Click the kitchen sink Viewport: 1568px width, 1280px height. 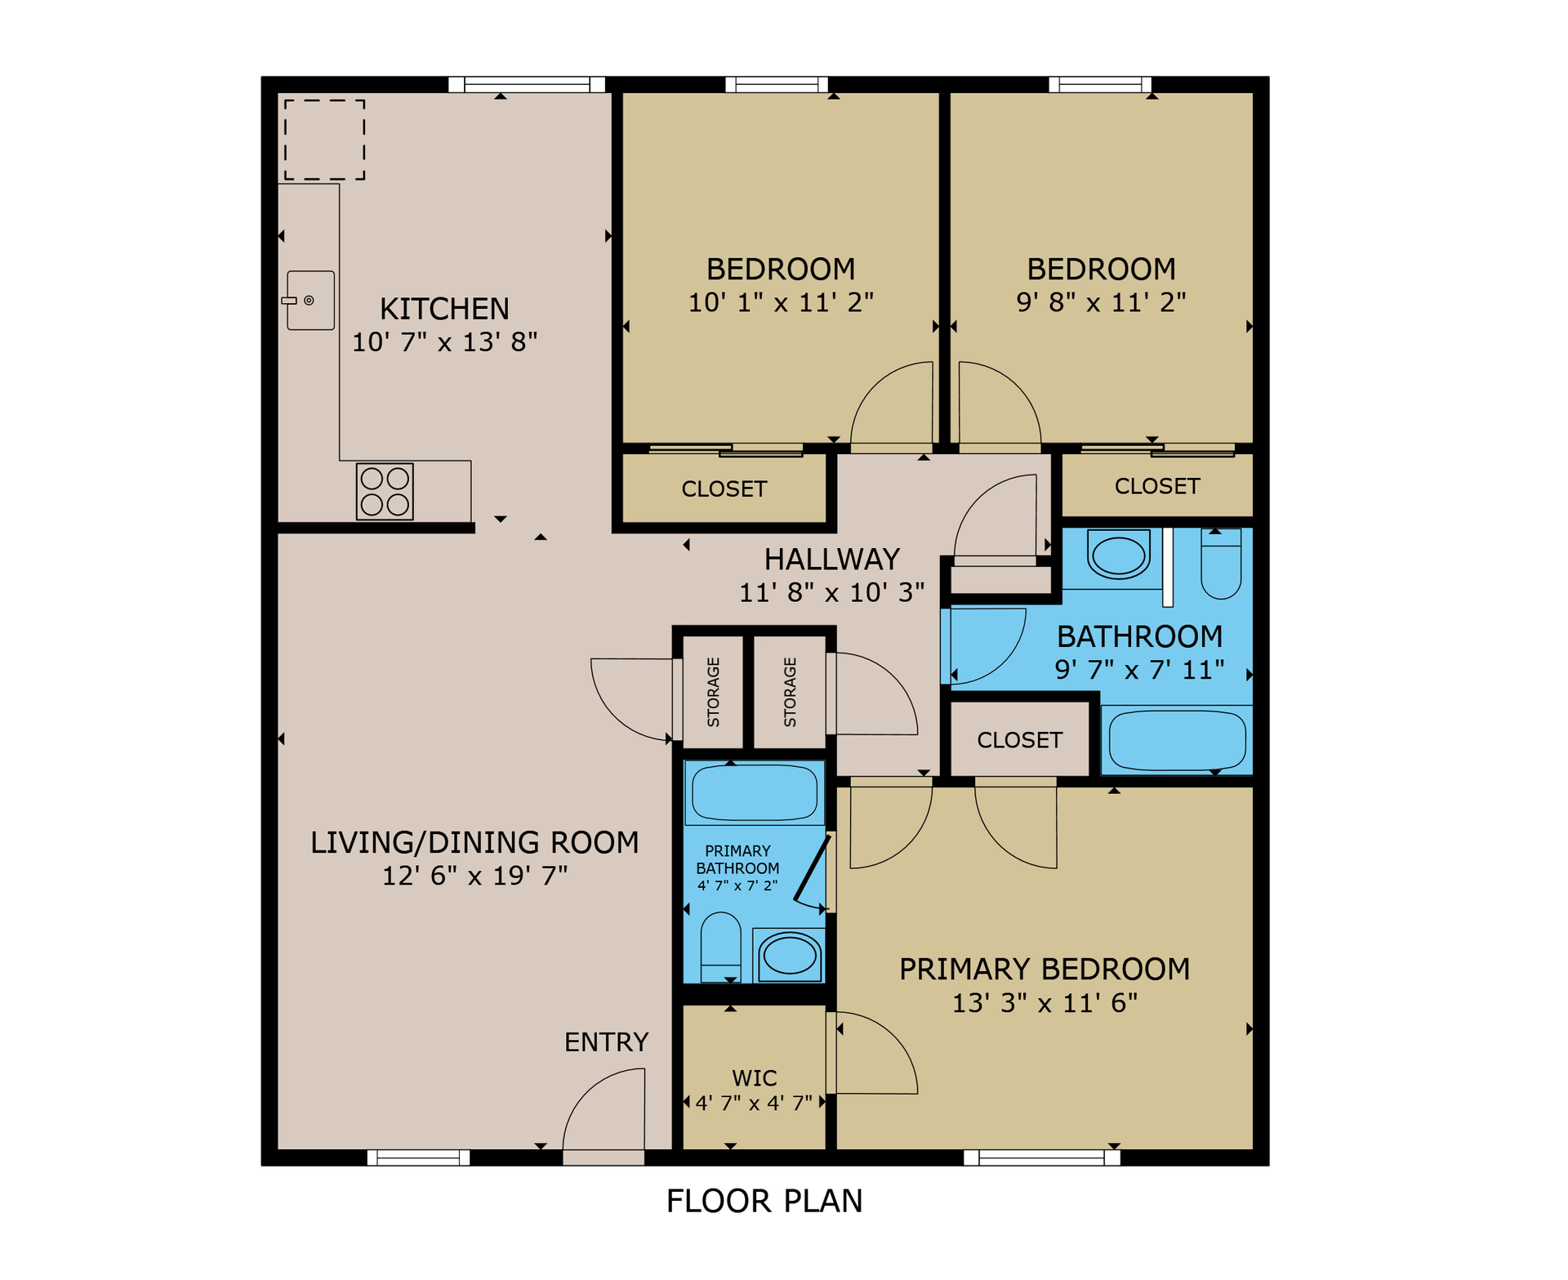[310, 301]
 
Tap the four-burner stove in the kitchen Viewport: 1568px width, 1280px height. [385, 492]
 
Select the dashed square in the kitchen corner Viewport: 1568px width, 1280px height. [324, 140]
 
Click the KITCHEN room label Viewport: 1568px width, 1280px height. [444, 309]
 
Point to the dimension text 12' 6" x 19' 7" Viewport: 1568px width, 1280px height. [474, 876]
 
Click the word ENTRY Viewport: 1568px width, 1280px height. [606, 1042]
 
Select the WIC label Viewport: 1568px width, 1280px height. [754, 1078]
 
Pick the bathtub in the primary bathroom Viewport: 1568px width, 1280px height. [754, 792]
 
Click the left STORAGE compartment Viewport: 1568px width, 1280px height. [713, 692]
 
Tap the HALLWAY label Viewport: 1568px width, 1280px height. [831, 560]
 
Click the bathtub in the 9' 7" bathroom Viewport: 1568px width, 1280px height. [1177, 740]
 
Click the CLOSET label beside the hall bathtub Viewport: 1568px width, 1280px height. [1019, 740]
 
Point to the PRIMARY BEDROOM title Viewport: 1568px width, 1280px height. [1044, 970]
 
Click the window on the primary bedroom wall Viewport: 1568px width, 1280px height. [1041, 1157]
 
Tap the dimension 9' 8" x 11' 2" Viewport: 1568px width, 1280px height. [1100, 302]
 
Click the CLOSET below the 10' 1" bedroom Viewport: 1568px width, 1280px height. [724, 488]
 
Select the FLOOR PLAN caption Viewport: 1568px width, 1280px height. [764, 1201]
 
